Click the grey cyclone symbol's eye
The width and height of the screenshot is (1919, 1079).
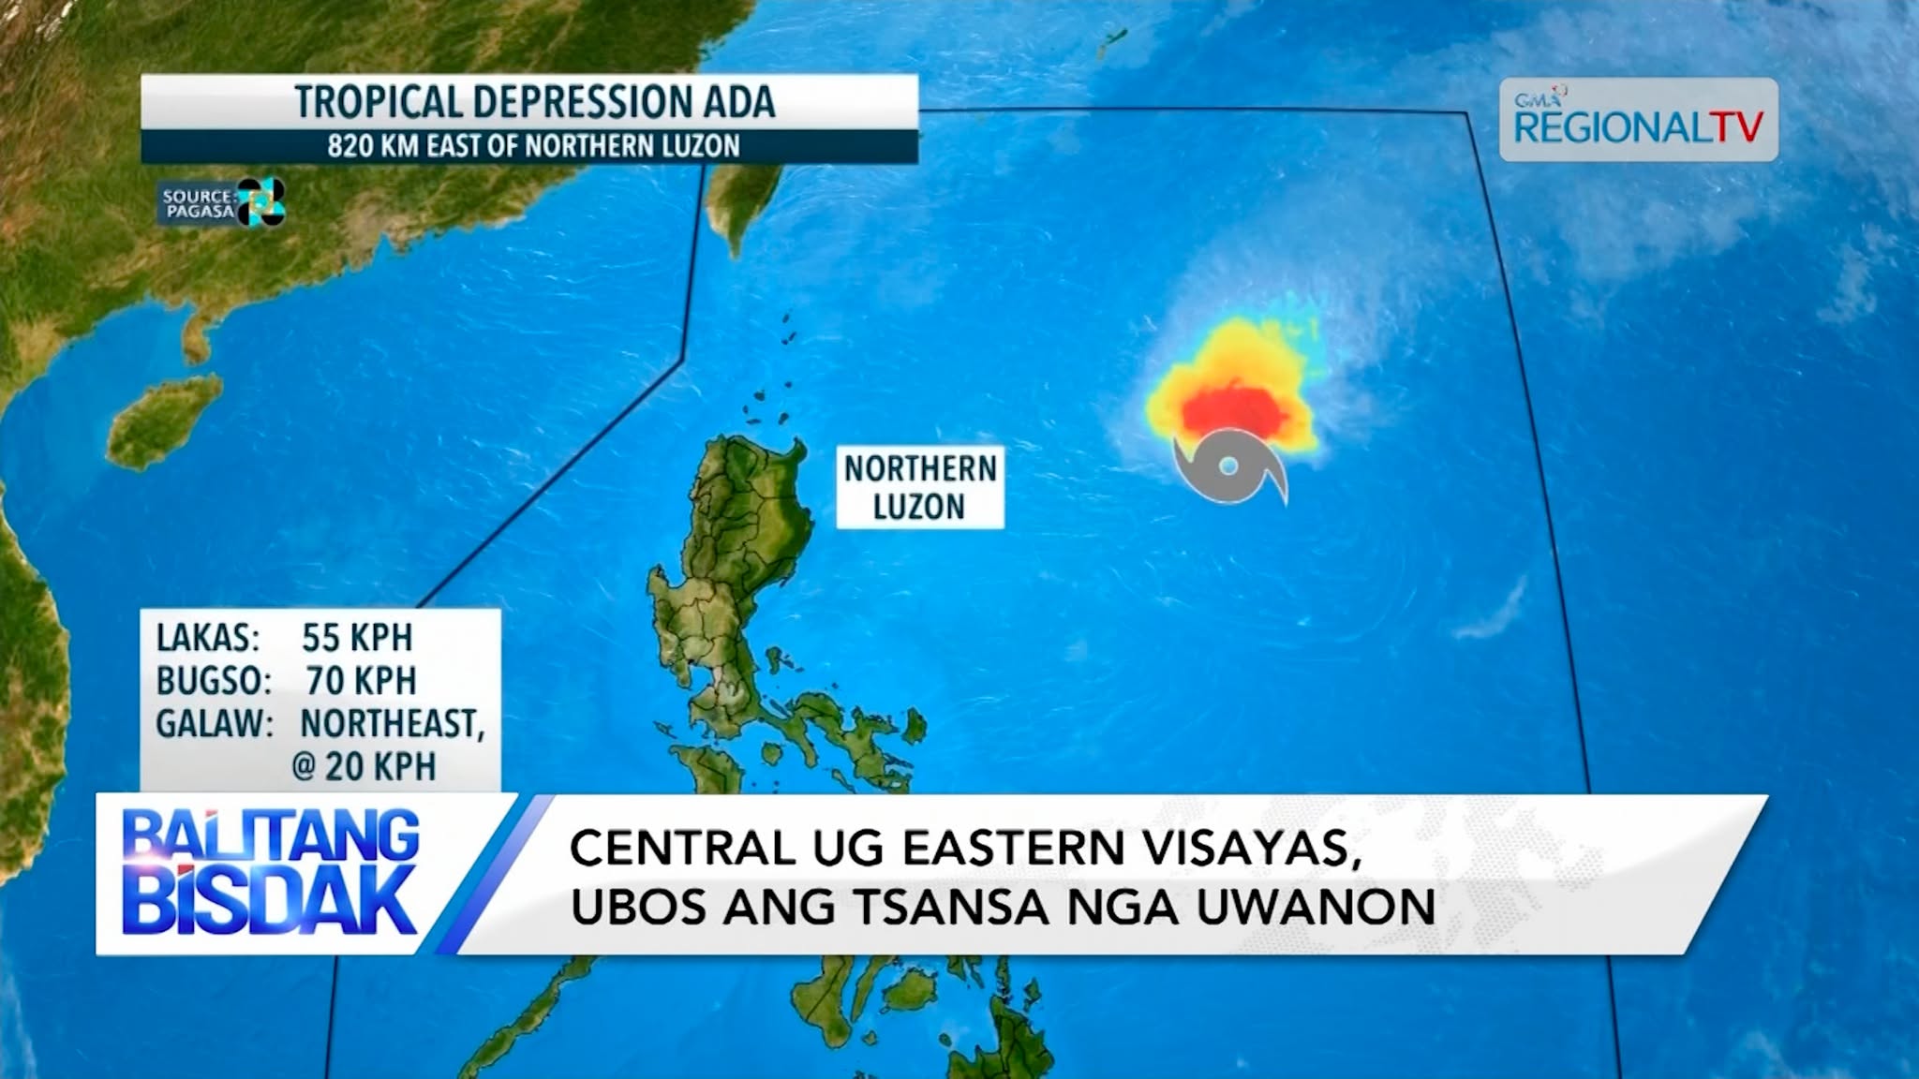pyautogui.click(x=1229, y=466)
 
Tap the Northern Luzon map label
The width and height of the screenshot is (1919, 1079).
pyautogui.click(x=919, y=487)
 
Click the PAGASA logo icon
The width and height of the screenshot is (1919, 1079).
pyautogui.click(x=260, y=201)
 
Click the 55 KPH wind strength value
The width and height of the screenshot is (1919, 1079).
pyautogui.click(x=356, y=638)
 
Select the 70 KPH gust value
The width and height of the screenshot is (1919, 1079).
pyautogui.click(x=360, y=681)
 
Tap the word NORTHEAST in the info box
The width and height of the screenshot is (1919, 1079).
pyautogui.click(x=391, y=724)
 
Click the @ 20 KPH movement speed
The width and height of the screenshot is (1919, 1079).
pyautogui.click(x=364, y=767)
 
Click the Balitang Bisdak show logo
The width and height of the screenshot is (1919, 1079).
pyautogui.click(x=270, y=873)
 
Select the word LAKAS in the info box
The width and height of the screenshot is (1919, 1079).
pyautogui.click(x=207, y=638)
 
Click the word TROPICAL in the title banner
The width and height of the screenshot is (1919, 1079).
pyautogui.click(x=379, y=102)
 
